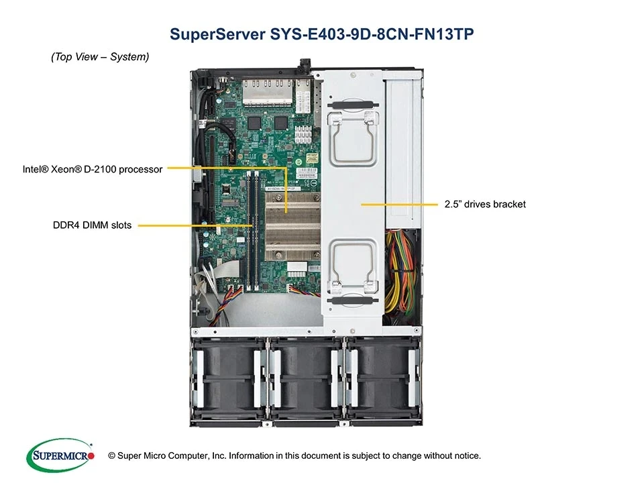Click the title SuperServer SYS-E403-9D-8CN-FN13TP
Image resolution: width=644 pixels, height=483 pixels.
322,34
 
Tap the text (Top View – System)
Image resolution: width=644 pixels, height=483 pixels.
100,58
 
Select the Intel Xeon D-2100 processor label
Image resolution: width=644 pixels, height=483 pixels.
93,170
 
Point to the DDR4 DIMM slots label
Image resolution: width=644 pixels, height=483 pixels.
92,225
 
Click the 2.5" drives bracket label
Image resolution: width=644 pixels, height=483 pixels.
484,204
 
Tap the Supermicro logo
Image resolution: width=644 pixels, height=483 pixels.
60,455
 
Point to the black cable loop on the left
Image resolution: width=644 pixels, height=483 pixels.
225,138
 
